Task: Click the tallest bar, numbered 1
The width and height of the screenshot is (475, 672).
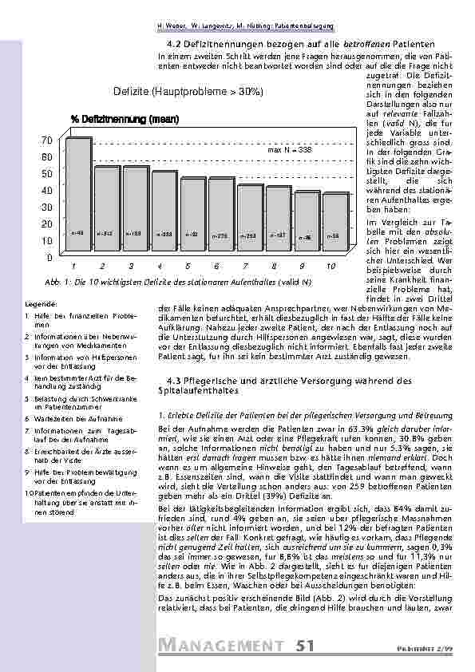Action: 77,196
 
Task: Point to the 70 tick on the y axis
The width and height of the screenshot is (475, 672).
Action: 46,140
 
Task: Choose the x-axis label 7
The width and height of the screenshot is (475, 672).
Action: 247,266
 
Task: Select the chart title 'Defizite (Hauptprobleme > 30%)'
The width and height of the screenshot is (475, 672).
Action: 189,93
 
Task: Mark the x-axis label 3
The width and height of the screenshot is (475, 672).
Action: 133,266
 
